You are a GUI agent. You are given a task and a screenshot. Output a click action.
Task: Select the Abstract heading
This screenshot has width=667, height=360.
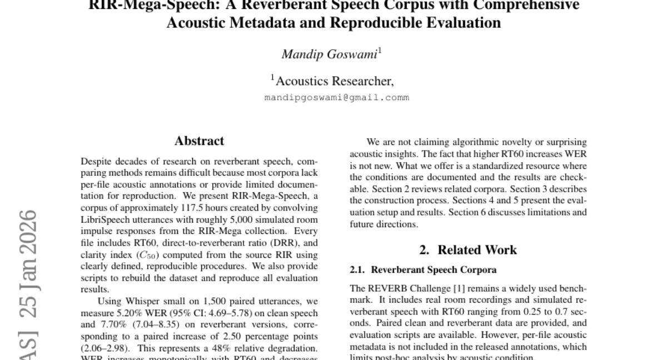point(199,141)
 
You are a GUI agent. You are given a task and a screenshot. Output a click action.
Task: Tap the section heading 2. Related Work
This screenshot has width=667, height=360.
point(468,250)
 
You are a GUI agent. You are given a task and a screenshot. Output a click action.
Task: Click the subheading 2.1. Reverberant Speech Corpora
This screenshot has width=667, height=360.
point(423,270)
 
